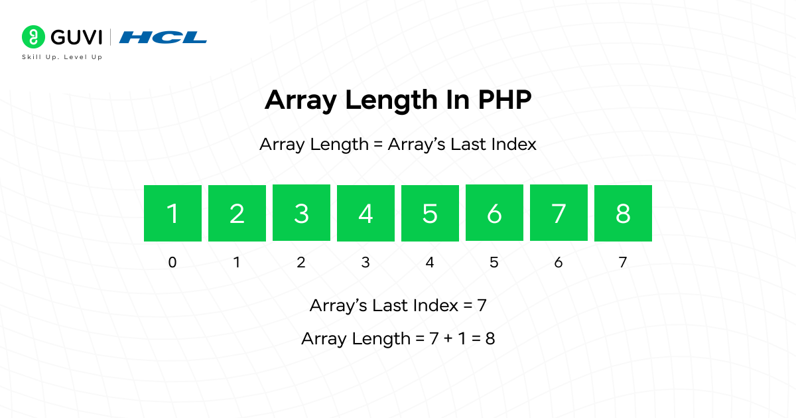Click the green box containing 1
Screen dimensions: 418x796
[172, 213]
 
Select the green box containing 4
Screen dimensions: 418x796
[365, 213]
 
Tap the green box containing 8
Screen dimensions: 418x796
[623, 213]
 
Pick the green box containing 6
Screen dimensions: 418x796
[494, 213]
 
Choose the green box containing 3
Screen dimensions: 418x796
[301, 213]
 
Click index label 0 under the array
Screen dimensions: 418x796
[172, 262]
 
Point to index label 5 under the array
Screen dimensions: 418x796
[494, 262]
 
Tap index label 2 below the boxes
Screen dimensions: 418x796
[301, 262]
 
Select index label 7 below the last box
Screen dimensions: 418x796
[623, 262]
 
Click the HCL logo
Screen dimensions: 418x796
[163, 37]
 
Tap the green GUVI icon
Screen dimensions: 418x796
[32, 36]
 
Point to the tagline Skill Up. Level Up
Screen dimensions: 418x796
[62, 57]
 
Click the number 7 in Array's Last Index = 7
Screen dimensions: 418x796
[482, 306]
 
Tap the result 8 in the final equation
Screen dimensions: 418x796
[490, 338]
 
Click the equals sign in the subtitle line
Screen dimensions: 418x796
[377, 144]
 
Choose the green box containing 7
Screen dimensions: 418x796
[559, 213]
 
